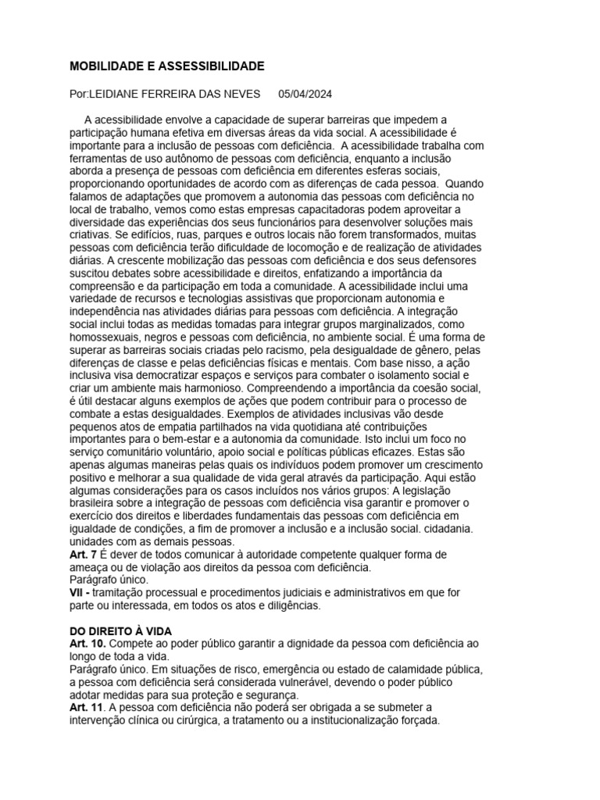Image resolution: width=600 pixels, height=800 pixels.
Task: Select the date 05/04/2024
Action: (305, 95)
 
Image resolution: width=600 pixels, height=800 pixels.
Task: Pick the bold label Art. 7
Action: (82, 554)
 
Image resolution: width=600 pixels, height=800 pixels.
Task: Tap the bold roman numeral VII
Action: (78, 593)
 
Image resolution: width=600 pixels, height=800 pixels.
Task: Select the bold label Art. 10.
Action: (85, 644)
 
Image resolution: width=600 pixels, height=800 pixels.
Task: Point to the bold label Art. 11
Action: (85, 708)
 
